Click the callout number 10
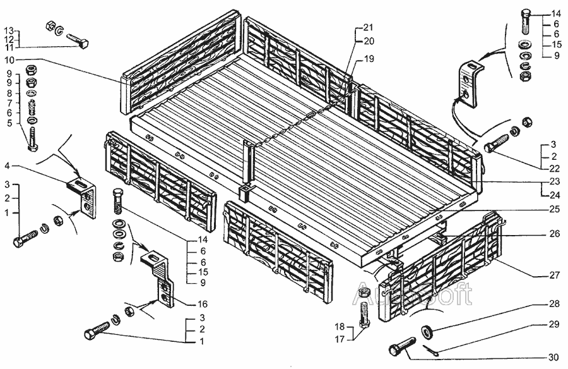(x=9, y=59)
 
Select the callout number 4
(x=7, y=166)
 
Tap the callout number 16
(x=203, y=304)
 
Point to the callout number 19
(x=369, y=59)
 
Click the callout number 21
(x=369, y=28)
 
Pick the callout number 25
(x=555, y=209)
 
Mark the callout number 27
(x=555, y=275)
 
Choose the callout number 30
(x=553, y=358)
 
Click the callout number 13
(x=9, y=30)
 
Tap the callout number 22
(x=555, y=168)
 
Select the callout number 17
(x=340, y=339)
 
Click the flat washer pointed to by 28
(x=427, y=331)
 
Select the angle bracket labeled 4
(x=83, y=197)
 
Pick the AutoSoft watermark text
(x=412, y=294)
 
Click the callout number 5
(x=9, y=123)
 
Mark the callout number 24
(x=555, y=195)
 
